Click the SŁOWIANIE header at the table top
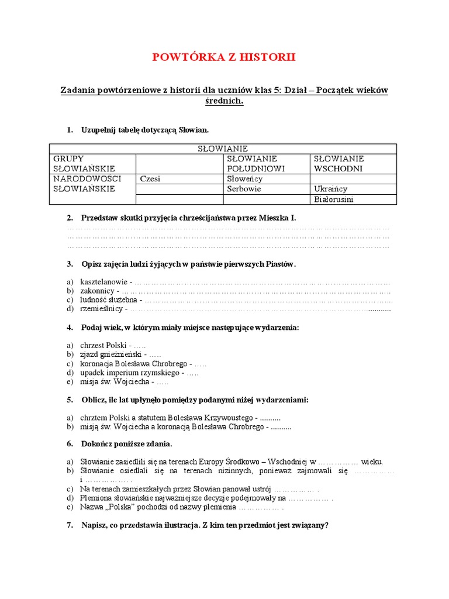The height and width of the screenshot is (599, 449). pos(222,149)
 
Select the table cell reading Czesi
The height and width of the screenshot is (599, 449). pos(150,178)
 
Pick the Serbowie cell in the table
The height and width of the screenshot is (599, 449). pos(244,189)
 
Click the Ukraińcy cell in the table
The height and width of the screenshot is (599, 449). pos(331,189)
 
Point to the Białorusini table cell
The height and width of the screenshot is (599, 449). pos(334,199)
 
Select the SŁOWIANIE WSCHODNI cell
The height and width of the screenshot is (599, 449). pos(339,163)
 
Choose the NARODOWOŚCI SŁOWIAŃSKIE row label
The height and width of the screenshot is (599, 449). pos(87,184)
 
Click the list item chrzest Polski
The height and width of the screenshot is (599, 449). pos(102,346)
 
